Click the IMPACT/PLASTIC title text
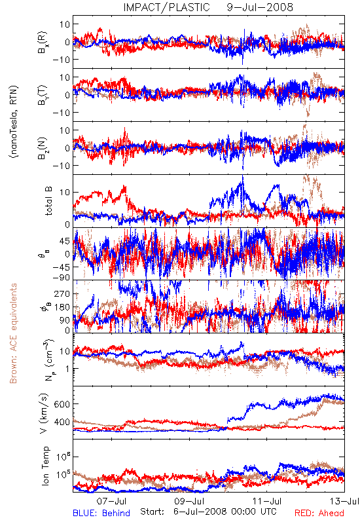tap(166, 7)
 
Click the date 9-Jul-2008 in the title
tap(260, 7)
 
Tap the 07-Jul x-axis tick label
tap(111, 501)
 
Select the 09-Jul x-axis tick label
tap(189, 501)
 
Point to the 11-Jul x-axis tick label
tap(267, 501)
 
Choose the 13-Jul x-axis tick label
tap(345, 501)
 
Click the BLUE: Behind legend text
tap(101, 513)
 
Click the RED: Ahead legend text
tap(319, 513)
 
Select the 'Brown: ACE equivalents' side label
tap(13, 333)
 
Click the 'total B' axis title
tap(48, 201)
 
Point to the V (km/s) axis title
tap(45, 413)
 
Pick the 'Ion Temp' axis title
tap(46, 466)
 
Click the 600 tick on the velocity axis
tap(62, 404)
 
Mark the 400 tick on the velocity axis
tap(62, 422)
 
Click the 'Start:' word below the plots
tap(153, 512)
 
